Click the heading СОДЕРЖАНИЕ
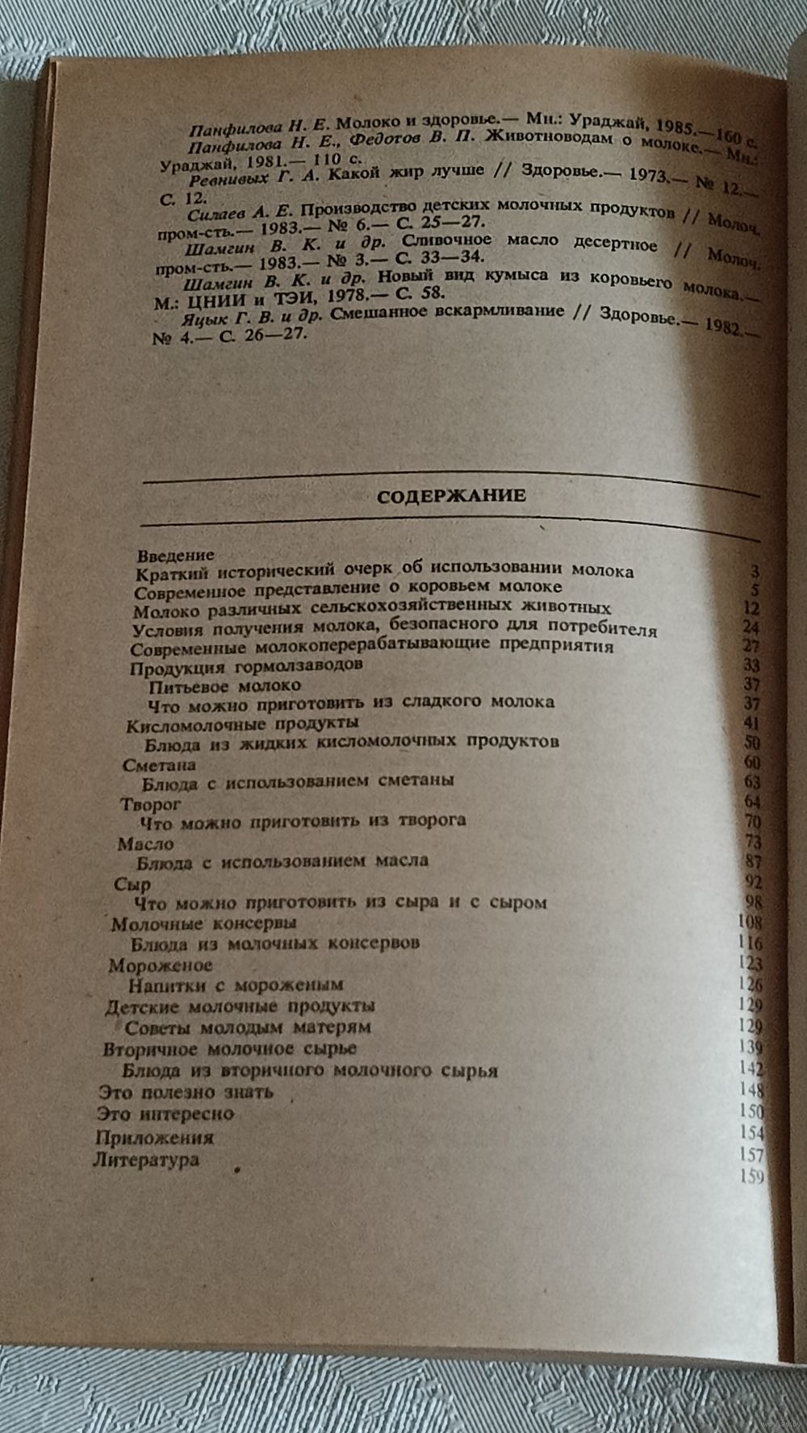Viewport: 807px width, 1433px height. point(451,496)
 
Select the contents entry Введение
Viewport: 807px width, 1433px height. point(175,555)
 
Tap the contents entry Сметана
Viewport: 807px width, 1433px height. point(159,764)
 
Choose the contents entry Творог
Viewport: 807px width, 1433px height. point(150,804)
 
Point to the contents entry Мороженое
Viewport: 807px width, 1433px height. point(161,964)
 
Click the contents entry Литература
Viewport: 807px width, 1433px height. point(146,1160)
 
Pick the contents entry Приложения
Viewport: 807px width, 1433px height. point(154,1138)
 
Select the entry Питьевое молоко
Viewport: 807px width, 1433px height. point(225,685)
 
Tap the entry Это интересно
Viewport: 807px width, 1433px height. point(165,1114)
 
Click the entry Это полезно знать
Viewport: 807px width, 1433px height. point(185,1093)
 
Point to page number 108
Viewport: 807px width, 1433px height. point(751,922)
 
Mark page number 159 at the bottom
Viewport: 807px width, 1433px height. point(751,1177)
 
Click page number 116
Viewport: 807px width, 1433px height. point(751,943)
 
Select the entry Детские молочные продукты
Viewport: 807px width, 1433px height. point(240,1006)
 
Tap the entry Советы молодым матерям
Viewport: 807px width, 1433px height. point(248,1028)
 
